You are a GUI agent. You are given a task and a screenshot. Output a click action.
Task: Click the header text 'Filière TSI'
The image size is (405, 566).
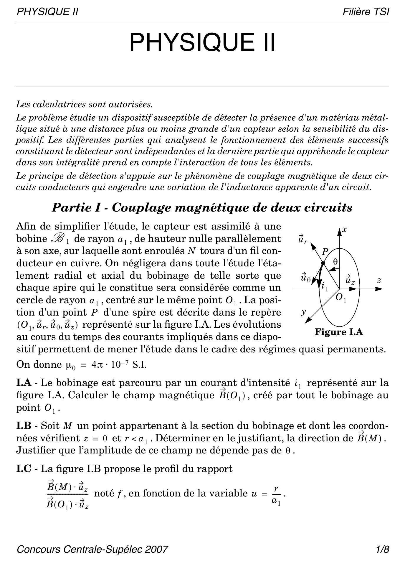366,12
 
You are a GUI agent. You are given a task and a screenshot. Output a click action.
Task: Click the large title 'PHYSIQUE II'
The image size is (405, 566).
202,42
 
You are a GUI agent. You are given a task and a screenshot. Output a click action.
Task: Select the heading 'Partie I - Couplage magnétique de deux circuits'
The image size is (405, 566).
202,207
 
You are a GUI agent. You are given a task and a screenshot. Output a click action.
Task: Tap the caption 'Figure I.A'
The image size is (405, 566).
339,332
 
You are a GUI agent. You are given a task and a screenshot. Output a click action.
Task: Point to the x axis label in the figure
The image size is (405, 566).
345,230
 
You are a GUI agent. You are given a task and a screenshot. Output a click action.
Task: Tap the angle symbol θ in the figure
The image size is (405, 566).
335,261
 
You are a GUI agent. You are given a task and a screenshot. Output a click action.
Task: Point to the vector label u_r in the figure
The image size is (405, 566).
302,239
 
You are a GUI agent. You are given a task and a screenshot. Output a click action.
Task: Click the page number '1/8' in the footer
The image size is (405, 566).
382,550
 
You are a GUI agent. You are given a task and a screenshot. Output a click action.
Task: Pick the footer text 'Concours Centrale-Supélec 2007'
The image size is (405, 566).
92,550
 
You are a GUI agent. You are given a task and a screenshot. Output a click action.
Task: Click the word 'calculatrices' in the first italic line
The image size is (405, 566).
60,104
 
